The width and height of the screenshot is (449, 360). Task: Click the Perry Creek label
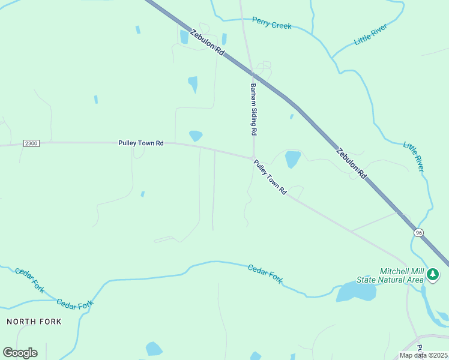point(271,23)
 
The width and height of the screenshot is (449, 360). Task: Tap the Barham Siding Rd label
point(253,109)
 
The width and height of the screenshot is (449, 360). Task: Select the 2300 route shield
point(32,143)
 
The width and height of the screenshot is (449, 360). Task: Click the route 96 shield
point(418,232)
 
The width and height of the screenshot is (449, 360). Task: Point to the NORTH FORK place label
point(34,322)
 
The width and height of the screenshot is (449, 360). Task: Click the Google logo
point(20,352)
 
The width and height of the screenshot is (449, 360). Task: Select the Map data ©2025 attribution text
point(423,355)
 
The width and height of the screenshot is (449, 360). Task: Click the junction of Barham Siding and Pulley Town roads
point(253,158)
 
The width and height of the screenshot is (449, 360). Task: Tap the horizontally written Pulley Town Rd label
point(140,143)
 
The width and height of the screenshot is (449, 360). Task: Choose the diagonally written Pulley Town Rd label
point(270,176)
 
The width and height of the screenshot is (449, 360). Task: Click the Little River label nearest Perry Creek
point(370,35)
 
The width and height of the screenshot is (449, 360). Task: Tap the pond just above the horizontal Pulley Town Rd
point(196,136)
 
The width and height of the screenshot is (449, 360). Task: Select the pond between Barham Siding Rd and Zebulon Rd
point(292,159)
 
